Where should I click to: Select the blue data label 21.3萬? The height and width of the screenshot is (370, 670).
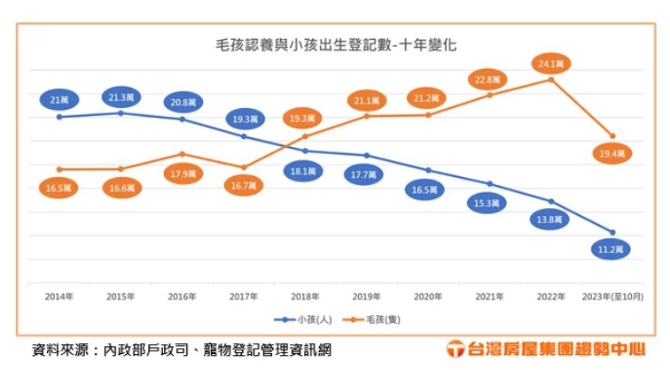coord(121,96)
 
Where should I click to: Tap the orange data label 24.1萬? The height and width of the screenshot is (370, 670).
coord(551,64)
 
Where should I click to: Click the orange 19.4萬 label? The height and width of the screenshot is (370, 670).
coord(612,154)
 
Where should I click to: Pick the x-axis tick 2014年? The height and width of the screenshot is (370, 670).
coord(59,297)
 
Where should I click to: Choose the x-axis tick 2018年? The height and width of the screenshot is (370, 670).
coord(305,297)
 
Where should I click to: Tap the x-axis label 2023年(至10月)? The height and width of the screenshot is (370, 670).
coord(612,297)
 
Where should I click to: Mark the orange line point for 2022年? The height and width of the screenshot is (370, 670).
coord(551,80)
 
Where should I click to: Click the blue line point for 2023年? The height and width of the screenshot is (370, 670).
coord(612,232)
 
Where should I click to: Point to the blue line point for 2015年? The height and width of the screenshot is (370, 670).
coord(121,112)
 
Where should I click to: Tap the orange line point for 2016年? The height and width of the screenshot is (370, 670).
coord(182,154)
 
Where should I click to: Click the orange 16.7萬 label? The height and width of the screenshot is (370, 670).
coord(244,186)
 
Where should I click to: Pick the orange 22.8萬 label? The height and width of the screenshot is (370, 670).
coord(490,80)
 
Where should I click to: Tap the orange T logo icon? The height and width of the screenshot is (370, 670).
coord(455,349)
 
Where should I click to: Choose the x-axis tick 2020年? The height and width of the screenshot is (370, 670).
coord(428,297)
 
